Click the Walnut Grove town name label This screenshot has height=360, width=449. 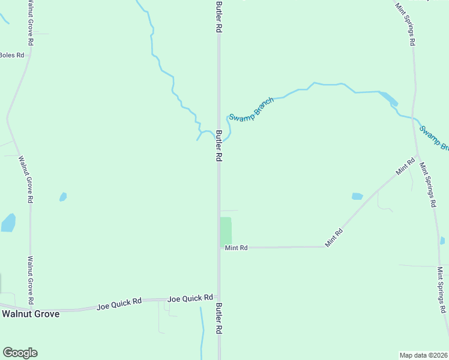click(x=31, y=313)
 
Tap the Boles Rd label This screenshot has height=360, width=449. click(x=11, y=55)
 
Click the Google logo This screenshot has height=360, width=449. click(x=20, y=353)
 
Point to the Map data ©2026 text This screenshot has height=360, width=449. click(x=423, y=355)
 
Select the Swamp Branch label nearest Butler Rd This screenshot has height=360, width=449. click(x=251, y=109)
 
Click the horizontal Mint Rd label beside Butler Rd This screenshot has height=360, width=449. click(x=236, y=247)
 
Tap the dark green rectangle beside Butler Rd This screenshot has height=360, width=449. click(x=226, y=231)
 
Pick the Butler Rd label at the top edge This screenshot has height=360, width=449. click(x=219, y=17)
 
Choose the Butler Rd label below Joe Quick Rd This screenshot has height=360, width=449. click(x=219, y=318)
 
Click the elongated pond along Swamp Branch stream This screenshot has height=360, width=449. click(x=388, y=98)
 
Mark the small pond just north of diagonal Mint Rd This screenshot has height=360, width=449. click(x=357, y=196)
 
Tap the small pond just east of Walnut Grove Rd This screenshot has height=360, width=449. click(x=63, y=197)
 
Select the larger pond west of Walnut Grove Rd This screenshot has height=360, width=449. click(x=8, y=223)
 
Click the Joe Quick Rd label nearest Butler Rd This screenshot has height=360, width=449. click(x=190, y=298)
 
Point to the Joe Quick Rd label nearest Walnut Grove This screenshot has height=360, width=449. click(x=119, y=305)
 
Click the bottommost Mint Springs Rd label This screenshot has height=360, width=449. click(x=442, y=290)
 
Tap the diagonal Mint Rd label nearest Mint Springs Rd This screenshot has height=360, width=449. click(x=406, y=166)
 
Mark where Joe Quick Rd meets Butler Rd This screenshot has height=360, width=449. click(x=219, y=298)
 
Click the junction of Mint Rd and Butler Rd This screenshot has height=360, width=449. click(x=219, y=247)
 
